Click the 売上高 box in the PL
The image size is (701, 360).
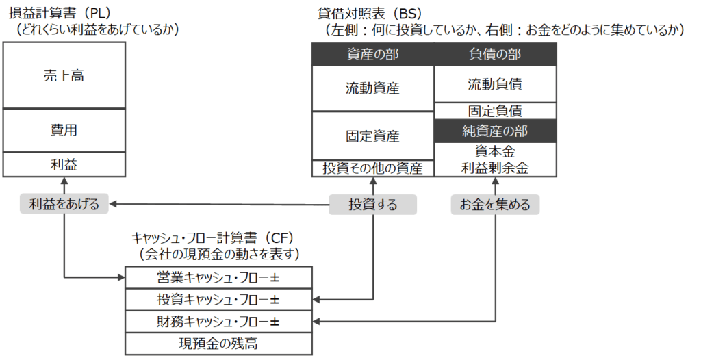tap(64, 75)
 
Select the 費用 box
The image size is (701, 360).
tap(64, 130)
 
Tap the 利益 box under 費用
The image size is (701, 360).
tap(64, 164)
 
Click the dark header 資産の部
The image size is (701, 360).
tap(372, 55)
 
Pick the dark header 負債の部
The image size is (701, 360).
tap(495, 55)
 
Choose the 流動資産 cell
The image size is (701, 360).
tap(372, 88)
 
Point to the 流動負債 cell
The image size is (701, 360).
tap(495, 84)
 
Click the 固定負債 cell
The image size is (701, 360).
tap(495, 111)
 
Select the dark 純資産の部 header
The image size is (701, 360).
tap(495, 130)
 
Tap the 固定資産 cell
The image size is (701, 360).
tap(372, 136)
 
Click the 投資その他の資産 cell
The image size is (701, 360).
tap(372, 168)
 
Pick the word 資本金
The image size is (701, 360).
tap(495, 151)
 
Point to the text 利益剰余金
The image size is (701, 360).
tap(495, 168)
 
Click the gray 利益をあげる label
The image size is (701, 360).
tap(64, 204)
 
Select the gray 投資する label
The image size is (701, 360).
tap(372, 204)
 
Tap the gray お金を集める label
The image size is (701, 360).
tap(495, 204)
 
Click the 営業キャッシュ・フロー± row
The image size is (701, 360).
tap(218, 278)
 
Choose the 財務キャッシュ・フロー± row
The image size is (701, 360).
tap(218, 321)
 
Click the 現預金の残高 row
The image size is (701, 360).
tap(218, 343)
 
